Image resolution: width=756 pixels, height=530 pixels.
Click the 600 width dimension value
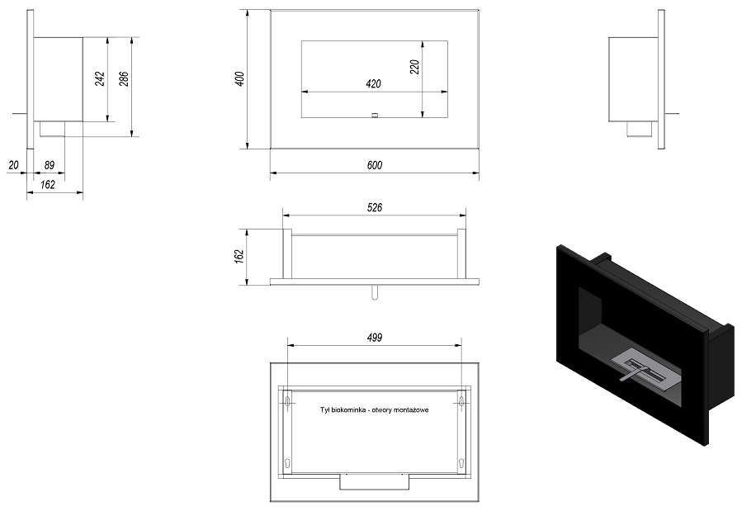(x=375, y=165)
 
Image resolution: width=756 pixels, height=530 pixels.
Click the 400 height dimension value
(x=239, y=78)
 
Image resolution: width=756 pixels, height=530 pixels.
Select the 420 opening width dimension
(x=374, y=84)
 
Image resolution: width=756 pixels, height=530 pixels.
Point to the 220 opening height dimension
(x=414, y=67)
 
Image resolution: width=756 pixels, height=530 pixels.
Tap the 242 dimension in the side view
(x=100, y=78)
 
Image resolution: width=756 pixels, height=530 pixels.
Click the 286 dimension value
(x=124, y=78)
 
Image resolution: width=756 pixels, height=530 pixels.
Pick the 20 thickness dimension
(x=13, y=165)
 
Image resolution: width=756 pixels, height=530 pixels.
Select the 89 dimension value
(x=50, y=165)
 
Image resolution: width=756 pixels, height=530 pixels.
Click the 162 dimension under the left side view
(x=48, y=185)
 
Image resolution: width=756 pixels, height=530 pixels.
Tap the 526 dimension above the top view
(x=375, y=207)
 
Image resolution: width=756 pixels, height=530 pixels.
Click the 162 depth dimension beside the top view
(x=239, y=257)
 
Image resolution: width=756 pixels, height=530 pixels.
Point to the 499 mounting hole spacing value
(x=375, y=338)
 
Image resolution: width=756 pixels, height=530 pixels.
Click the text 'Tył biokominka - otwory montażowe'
(x=375, y=410)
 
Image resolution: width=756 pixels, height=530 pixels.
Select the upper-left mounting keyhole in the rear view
(x=288, y=400)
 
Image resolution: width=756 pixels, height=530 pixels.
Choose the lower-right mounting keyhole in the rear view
(x=461, y=463)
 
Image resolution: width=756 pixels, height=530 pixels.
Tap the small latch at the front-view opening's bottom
(x=375, y=116)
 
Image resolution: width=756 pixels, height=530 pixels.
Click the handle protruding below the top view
(x=375, y=292)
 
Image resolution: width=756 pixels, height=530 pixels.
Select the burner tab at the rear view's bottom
(x=375, y=481)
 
